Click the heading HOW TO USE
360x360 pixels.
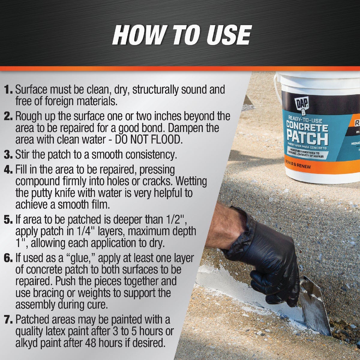tap(181, 35)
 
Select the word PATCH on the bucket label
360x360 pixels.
tap(307, 138)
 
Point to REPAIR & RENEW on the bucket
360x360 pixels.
tap(299, 166)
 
